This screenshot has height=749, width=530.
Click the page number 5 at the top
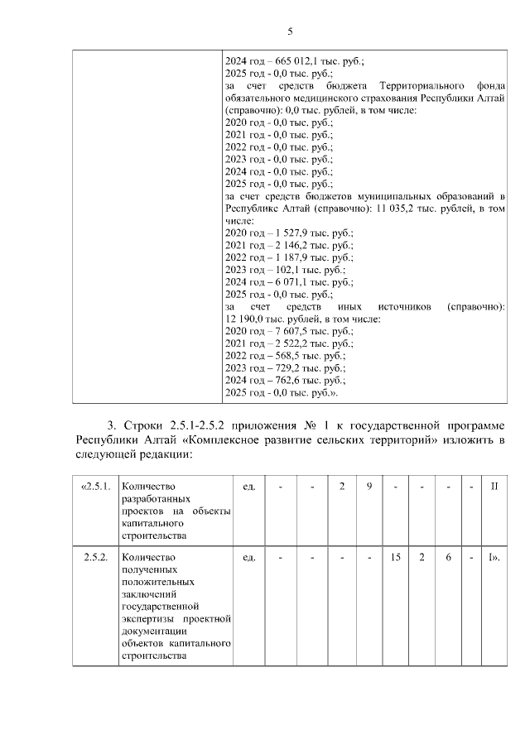pos(290,31)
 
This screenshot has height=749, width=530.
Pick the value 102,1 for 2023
pos(284,270)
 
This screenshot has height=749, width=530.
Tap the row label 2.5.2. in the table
pos(95,557)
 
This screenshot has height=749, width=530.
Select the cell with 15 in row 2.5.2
pos(395,557)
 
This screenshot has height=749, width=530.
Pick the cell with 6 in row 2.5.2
pos(447,557)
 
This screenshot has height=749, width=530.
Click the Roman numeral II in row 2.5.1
pos(494,486)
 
